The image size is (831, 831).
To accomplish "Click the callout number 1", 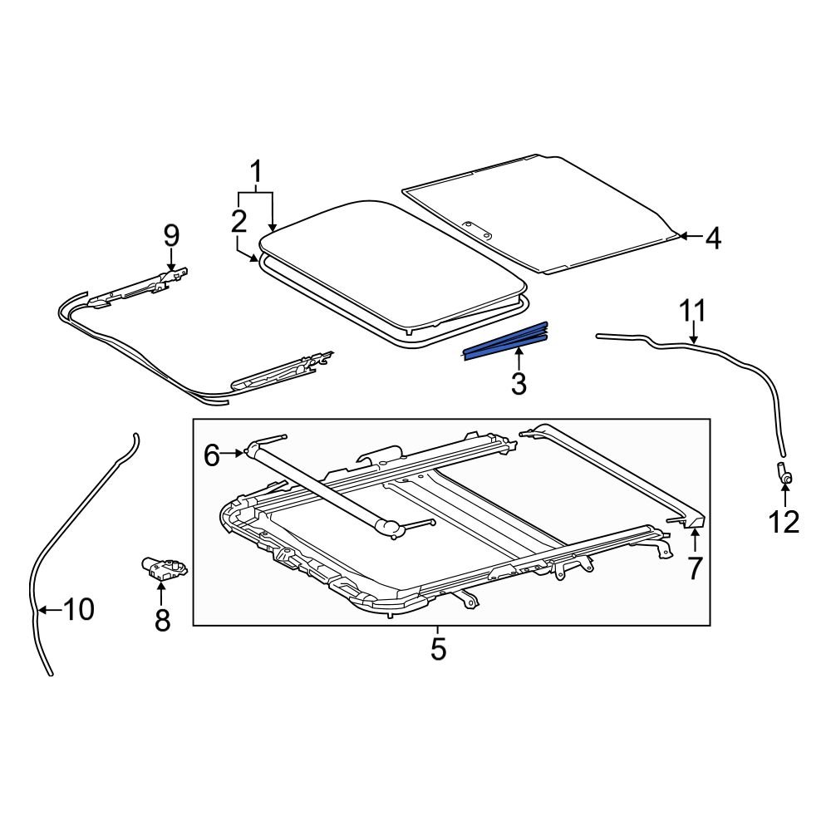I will (x=256, y=172).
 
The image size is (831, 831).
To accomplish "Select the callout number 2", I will (x=238, y=221).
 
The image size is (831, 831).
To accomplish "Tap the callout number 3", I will (x=519, y=384).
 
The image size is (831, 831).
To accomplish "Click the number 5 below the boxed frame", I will (x=438, y=648).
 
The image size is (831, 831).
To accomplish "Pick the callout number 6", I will (x=212, y=455).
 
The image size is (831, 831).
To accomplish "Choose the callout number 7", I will (x=694, y=568).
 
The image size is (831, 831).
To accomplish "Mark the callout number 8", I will (x=162, y=619).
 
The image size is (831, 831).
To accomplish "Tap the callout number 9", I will (x=170, y=236).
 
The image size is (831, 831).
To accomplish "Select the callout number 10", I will (x=79, y=610).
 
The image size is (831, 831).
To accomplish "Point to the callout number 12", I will (x=784, y=522).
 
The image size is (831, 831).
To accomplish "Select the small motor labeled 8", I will (x=162, y=567).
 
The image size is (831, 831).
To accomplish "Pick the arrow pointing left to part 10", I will (x=48, y=610).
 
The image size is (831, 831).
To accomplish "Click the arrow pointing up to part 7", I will (x=694, y=540).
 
